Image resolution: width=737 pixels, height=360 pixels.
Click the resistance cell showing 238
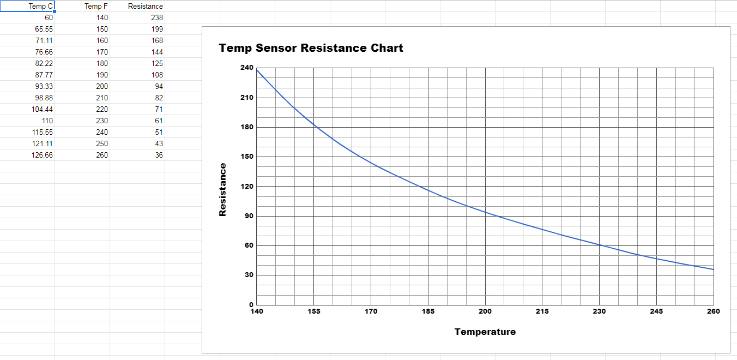tap(157, 18)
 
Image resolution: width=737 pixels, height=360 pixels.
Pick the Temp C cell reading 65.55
tap(44, 29)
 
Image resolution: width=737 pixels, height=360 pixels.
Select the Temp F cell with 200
tap(102, 86)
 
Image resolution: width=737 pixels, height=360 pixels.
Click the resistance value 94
tap(159, 86)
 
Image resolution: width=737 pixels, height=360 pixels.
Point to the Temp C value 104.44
tap(42, 109)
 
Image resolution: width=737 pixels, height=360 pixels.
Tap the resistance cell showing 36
tap(159, 155)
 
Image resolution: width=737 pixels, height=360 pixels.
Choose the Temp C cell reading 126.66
tap(42, 155)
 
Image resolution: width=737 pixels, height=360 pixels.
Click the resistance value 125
tap(157, 64)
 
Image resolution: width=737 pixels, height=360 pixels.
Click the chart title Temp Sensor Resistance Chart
tap(311, 48)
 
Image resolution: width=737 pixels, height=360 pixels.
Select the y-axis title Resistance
tap(223, 190)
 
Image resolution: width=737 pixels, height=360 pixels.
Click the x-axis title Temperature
tap(485, 332)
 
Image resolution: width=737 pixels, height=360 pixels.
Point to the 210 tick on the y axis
tap(247, 98)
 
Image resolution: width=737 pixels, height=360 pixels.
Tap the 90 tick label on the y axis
tap(249, 216)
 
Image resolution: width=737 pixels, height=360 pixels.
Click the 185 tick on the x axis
tap(428, 311)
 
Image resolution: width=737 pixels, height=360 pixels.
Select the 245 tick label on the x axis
tap(656, 311)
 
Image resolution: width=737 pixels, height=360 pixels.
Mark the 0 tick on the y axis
tap(251, 305)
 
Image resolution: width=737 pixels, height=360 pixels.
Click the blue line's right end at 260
tap(714, 269)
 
